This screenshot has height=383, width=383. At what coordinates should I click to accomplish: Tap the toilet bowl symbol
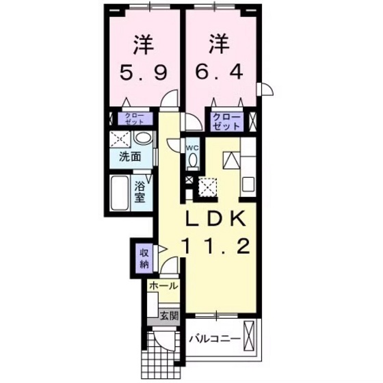(193, 161)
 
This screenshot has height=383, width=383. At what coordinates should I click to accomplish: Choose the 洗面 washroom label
(131, 156)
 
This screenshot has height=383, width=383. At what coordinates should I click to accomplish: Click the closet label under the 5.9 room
(134, 118)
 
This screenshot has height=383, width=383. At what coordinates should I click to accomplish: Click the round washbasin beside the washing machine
(144, 139)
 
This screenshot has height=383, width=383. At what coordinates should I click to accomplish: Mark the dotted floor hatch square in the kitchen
(207, 185)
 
